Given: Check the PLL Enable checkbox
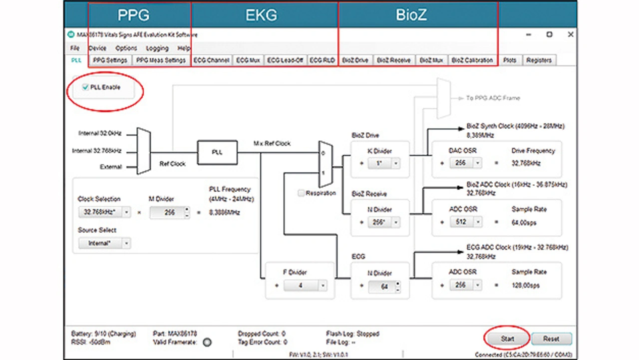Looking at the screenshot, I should click(86, 87).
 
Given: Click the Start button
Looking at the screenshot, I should click(507, 339).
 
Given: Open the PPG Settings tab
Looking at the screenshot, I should click(110, 60).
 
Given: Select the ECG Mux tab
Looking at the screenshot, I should click(248, 60).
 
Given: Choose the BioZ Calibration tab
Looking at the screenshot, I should click(472, 60).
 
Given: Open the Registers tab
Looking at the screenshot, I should click(539, 60).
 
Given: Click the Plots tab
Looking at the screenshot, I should click(510, 60).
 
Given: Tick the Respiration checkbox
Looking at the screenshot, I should click(301, 193).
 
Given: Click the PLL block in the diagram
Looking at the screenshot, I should click(217, 152).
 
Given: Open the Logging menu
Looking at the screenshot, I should click(157, 48).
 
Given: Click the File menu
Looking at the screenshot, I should click(75, 48).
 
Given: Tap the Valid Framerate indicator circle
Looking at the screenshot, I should click(207, 342).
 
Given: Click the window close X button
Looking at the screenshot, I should click(571, 34).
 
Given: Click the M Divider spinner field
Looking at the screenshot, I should click(167, 212).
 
